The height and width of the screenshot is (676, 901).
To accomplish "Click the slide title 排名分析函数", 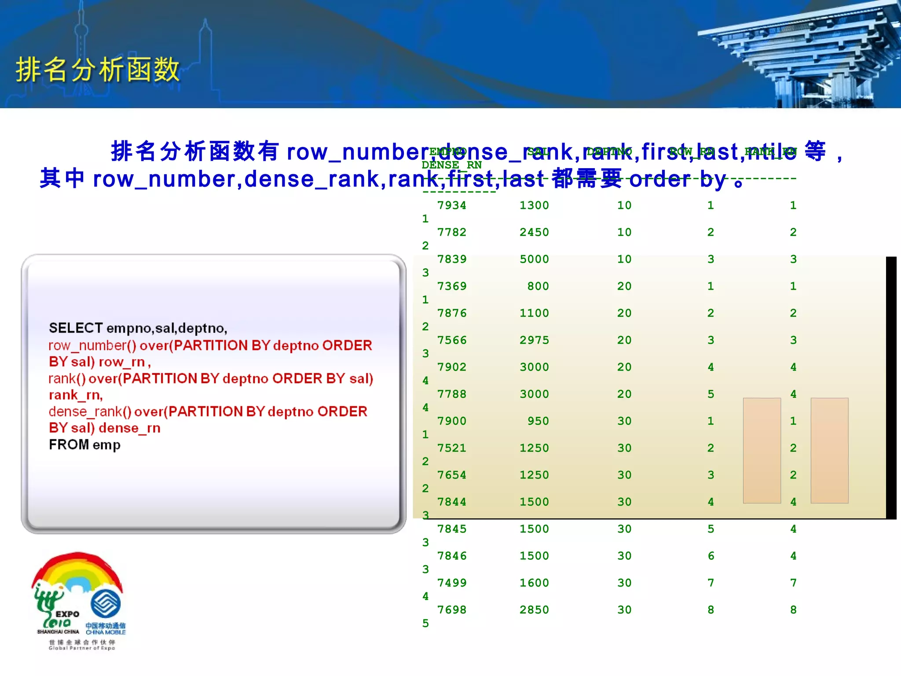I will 98,70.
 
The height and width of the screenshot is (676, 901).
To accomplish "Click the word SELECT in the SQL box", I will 76,328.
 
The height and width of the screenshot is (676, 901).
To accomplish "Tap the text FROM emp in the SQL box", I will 84,445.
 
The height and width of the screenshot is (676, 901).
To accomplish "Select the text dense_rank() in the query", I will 90,411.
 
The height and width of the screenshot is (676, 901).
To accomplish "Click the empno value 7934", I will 451,206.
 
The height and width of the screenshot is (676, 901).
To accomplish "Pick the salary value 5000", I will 534,259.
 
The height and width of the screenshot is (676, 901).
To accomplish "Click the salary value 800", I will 538,287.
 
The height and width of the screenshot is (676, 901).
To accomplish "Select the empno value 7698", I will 451,610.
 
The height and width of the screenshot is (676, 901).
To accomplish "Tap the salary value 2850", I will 534,610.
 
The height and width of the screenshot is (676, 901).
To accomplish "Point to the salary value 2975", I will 534,340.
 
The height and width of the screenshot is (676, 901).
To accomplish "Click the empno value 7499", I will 451,583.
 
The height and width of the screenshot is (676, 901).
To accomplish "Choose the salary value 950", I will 538,421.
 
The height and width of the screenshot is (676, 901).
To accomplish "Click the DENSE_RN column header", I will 451,165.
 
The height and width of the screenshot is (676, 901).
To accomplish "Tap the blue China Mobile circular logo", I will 106,603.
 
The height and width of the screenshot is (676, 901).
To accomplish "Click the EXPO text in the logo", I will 67,614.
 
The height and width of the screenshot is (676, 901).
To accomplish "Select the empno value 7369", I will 451,287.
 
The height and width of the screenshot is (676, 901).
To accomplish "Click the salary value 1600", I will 534,583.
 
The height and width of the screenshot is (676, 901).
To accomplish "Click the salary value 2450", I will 534,232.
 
